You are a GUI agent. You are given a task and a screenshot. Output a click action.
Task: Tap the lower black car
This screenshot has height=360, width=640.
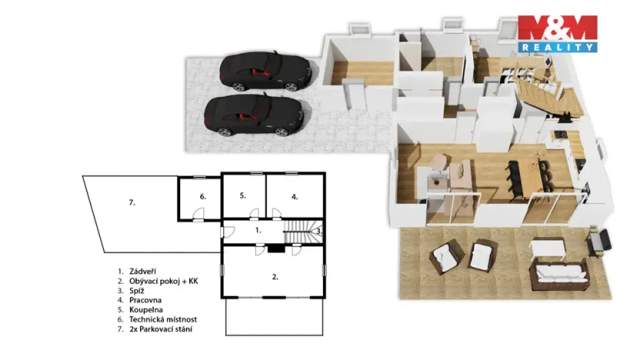(253, 114)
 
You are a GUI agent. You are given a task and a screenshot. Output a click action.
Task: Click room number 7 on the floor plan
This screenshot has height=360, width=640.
(132, 202)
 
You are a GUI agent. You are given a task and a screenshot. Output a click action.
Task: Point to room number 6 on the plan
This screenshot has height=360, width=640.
(202, 196)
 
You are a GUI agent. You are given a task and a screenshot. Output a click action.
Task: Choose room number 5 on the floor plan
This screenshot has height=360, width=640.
(242, 195)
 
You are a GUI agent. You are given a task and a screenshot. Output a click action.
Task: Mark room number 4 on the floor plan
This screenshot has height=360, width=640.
(295, 196)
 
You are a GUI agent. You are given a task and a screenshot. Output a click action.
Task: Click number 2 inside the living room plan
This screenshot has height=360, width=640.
(275, 275)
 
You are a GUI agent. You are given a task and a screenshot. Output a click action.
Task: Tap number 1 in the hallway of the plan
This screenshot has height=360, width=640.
(258, 229)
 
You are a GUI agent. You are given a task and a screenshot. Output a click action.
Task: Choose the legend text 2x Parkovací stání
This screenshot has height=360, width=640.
(162, 329)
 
